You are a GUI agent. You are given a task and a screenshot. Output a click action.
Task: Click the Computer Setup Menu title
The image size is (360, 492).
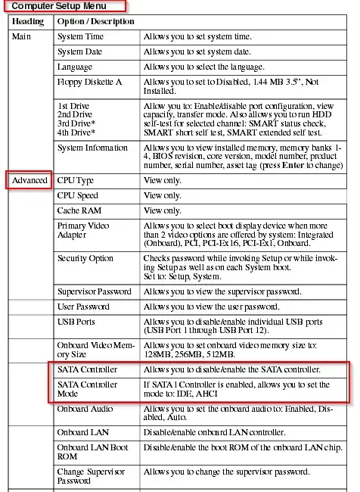tap(64, 5)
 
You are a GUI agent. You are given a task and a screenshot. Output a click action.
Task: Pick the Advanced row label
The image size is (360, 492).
tap(30, 180)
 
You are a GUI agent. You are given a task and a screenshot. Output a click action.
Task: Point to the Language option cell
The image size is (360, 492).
tap(75, 67)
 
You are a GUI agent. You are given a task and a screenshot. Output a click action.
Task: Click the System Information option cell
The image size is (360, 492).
tap(93, 148)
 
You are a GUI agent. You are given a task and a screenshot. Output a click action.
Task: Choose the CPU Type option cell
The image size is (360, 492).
tap(76, 180)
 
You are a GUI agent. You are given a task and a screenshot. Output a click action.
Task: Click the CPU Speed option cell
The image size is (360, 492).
tap(78, 195)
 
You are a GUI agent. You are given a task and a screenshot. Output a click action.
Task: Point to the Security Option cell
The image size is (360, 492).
tap(85, 258)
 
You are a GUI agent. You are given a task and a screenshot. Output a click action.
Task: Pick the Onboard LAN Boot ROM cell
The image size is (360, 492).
tap(92, 452)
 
